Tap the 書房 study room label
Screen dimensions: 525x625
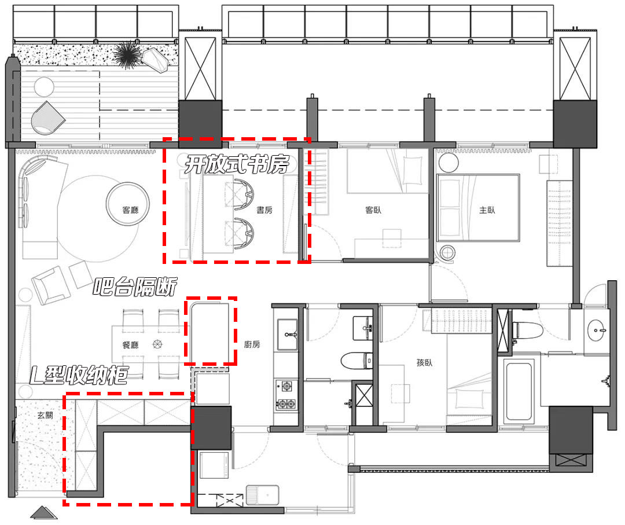(x=264, y=211)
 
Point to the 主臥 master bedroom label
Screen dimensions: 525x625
(x=487, y=210)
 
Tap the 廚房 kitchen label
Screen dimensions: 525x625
(x=252, y=344)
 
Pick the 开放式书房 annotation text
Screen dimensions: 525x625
(x=236, y=166)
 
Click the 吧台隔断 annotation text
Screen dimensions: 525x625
(x=135, y=287)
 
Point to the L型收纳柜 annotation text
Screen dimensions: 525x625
(x=79, y=376)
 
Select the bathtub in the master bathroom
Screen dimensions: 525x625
(x=520, y=391)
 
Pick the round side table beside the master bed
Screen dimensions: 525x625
(x=447, y=253)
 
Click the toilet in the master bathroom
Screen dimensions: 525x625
(x=525, y=329)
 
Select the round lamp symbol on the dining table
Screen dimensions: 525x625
(x=156, y=344)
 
